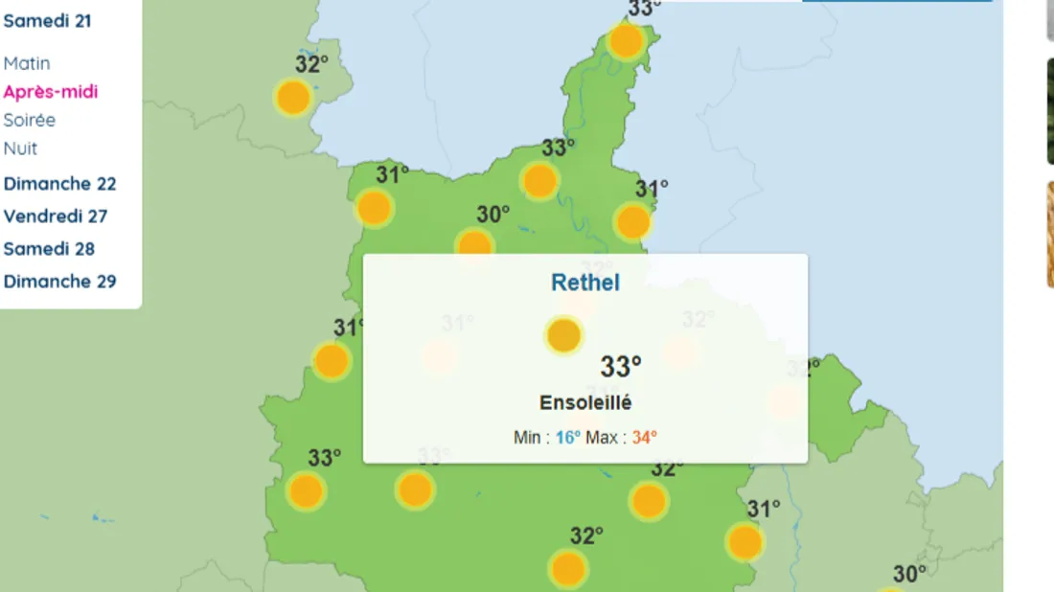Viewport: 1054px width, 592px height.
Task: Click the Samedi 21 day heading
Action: [48, 20]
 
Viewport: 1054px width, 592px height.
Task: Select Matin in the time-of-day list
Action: [27, 63]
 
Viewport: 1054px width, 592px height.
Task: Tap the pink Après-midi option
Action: [51, 92]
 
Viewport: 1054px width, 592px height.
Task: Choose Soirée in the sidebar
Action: [30, 120]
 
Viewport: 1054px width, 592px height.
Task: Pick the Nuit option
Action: [21, 148]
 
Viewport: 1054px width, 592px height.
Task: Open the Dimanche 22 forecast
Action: [59, 184]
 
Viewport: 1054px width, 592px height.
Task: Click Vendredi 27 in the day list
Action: [56, 216]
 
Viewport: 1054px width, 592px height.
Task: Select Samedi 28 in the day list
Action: [50, 249]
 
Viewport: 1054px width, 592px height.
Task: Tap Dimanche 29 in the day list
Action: [59, 282]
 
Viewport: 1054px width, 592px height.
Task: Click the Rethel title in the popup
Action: [585, 283]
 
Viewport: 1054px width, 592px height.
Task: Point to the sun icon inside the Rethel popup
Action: [563, 335]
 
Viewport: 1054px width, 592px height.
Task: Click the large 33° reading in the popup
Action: [621, 366]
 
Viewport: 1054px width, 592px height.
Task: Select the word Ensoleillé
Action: [585, 403]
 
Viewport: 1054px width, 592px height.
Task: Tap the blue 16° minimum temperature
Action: [568, 438]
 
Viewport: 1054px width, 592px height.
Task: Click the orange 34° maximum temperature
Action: [644, 438]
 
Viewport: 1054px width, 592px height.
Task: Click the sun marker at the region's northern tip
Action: [626, 41]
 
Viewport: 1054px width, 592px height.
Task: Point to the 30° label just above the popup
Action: [493, 215]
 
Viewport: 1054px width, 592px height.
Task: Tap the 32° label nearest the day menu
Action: [311, 64]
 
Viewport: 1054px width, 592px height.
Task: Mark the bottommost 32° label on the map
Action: [586, 535]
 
